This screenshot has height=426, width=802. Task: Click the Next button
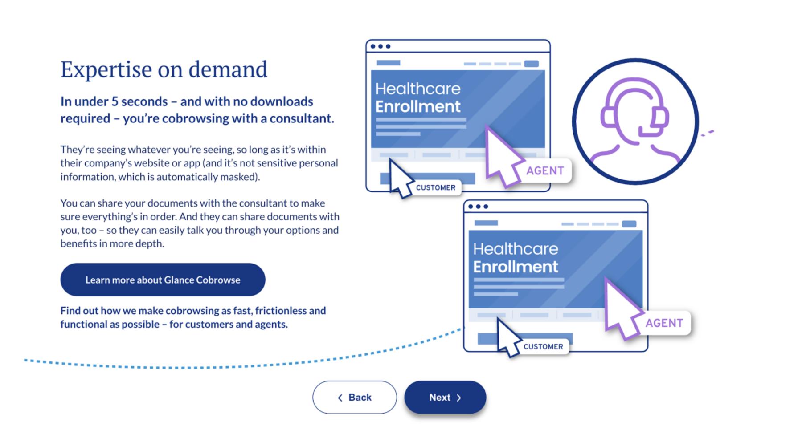tap(445, 397)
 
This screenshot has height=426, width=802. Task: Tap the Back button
tap(355, 397)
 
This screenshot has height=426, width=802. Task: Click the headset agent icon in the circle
tap(635, 121)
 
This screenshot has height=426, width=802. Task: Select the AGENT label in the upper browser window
tap(545, 170)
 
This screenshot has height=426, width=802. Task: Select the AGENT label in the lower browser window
tap(664, 323)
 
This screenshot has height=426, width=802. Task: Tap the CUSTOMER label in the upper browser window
tap(436, 187)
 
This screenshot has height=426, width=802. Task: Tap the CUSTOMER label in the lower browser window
tap(543, 346)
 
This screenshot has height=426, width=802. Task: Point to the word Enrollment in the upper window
tap(418, 107)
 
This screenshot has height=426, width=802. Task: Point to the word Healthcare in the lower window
tap(516, 249)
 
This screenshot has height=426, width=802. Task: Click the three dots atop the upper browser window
tap(381, 46)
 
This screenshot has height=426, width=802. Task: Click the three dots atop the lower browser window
tap(478, 207)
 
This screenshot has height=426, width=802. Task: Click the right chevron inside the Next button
tap(459, 398)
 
